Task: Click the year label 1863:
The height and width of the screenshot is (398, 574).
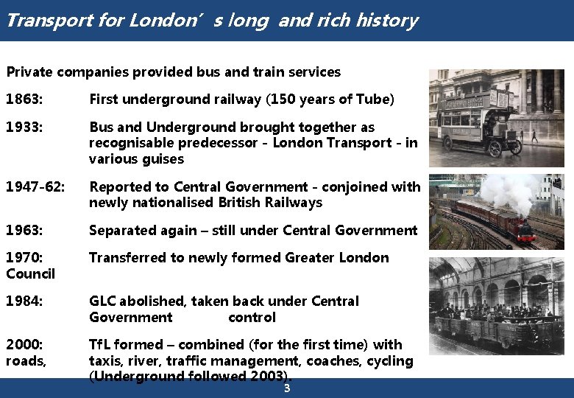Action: (24, 99)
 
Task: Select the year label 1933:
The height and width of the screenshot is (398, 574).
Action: (24, 128)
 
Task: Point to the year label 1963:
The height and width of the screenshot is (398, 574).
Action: (24, 231)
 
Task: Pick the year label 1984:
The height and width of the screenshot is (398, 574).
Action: (24, 301)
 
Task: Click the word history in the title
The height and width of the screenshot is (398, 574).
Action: (386, 20)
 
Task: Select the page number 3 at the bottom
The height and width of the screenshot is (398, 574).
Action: (287, 388)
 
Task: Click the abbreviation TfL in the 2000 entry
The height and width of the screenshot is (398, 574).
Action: (99, 345)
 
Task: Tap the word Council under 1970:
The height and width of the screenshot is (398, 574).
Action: (30, 274)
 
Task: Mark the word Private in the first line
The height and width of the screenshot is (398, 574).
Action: (29, 72)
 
